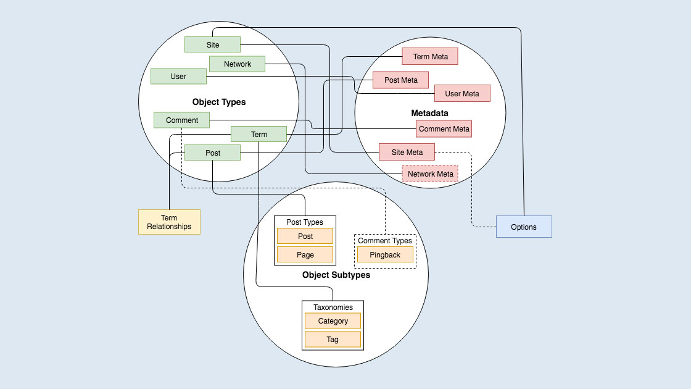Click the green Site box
point(212,44)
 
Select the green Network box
point(238,64)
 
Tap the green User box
point(178,77)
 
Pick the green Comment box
point(182,120)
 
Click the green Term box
point(259,134)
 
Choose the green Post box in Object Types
point(212,153)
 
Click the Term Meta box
point(430,57)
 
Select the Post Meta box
point(400,80)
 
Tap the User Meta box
point(462,94)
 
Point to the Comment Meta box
point(444,129)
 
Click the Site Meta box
point(407,152)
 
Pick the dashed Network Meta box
point(430,174)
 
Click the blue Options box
point(523,227)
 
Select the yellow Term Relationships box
point(169,222)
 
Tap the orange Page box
point(305,254)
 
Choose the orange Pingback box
point(385,254)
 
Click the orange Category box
point(333,321)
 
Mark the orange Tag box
point(333,340)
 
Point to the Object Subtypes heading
point(336,275)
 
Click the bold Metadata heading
point(429,113)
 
